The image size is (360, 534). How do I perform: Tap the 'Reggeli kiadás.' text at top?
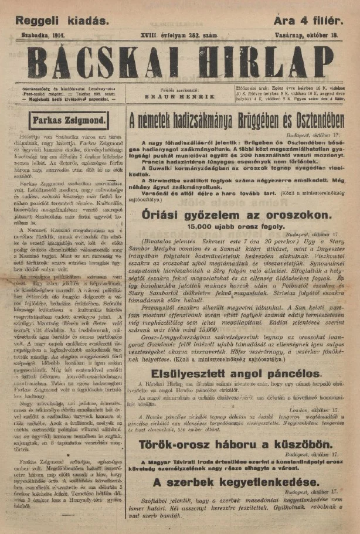pyautogui.click(x=62, y=21)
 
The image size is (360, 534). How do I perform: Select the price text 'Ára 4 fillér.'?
pyautogui.click(x=308, y=21)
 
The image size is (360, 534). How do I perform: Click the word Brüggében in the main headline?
pyautogui.click(x=253, y=122)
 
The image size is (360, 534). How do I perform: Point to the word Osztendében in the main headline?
pyautogui.click(x=317, y=122)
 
